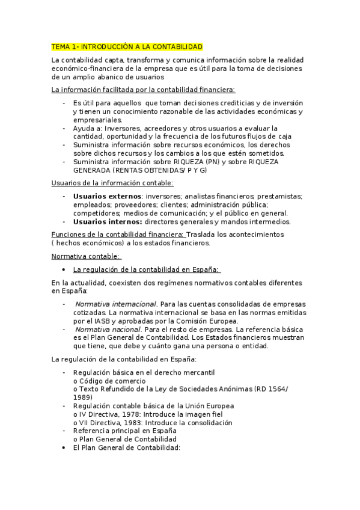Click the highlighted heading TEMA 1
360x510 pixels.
127,46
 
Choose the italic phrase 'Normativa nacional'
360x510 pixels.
108,329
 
